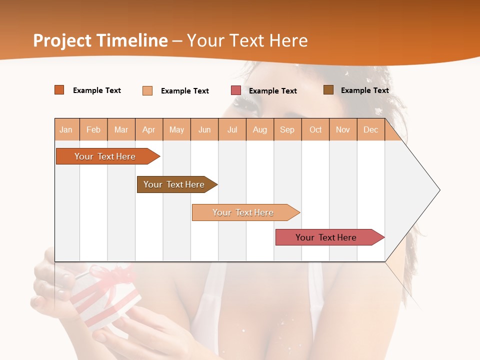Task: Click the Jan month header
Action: (66, 129)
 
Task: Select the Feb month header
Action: (93, 129)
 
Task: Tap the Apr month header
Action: (149, 129)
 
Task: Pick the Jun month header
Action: (204, 129)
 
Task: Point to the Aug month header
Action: (260, 129)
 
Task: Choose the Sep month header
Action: (287, 129)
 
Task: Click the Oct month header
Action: (315, 129)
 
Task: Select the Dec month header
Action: (371, 129)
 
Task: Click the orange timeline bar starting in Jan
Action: (105, 156)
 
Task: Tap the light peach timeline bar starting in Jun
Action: (243, 212)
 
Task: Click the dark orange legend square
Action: (59, 90)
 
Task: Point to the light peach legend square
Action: (147, 90)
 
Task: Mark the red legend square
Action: (236, 90)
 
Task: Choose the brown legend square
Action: (328, 90)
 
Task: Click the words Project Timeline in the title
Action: (100, 40)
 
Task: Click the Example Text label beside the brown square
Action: (364, 90)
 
